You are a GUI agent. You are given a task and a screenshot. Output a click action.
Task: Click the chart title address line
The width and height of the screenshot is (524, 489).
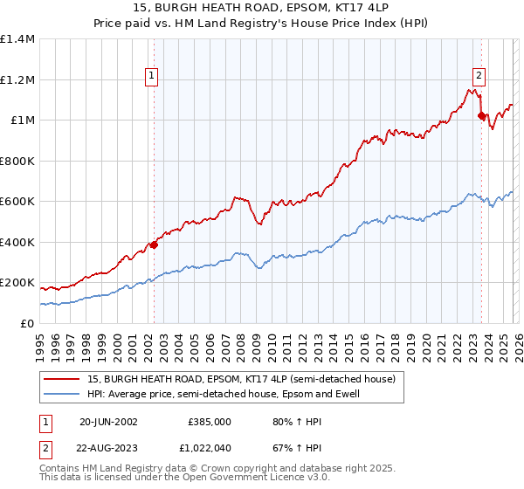click(262, 8)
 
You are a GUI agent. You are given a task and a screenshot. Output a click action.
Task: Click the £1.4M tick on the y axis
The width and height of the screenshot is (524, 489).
click(17, 39)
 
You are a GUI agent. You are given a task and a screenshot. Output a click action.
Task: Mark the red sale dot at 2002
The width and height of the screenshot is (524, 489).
click(154, 244)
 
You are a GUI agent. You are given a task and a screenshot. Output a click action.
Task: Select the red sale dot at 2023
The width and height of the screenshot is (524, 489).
click(481, 115)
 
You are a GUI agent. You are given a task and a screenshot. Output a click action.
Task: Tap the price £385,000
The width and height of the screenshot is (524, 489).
click(210, 421)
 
